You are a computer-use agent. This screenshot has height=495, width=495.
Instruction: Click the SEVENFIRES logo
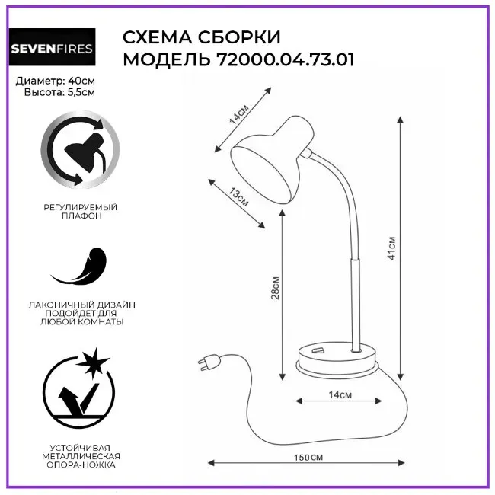pos(52,47)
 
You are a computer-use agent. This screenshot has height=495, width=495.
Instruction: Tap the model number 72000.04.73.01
pos(286,59)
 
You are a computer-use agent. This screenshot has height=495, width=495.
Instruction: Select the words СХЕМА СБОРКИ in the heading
pos(201,37)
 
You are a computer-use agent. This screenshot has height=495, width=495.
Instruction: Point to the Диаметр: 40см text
pos(56,81)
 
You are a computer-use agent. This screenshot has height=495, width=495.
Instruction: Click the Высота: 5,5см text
pos(59,92)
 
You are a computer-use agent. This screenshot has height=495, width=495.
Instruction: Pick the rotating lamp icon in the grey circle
pos(80,149)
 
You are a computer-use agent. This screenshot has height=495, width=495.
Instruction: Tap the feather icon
pos(79,266)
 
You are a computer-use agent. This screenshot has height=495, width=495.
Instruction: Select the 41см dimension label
pos(391,247)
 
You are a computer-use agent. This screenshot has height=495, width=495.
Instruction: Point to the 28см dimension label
pos(275,288)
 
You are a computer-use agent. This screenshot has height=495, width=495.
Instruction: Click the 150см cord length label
pos(308,458)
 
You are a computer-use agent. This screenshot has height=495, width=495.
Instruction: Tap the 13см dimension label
pos(238,196)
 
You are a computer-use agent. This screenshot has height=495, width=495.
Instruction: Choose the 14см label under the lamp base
pos(340,394)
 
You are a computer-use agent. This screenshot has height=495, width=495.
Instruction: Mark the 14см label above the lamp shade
pos(239,113)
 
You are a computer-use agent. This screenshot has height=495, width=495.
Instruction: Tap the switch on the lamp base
pos(318,350)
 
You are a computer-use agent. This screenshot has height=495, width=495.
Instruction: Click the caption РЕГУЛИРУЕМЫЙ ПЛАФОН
pos(80,212)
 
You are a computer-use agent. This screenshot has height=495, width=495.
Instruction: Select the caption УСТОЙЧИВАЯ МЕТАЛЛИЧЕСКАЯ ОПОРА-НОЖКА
pos(81,456)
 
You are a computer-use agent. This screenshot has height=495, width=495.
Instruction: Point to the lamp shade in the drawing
pos(272,160)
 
